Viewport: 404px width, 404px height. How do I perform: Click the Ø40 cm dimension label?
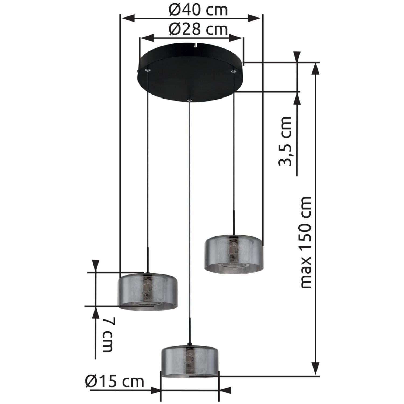point(198,10)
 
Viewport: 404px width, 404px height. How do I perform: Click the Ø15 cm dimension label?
point(115,382)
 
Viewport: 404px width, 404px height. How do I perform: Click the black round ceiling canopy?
point(190,73)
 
